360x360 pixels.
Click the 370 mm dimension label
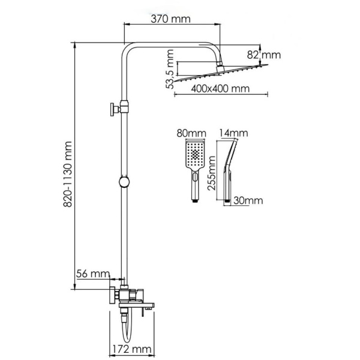tap(170, 19)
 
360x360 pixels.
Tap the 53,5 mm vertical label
tap(172, 71)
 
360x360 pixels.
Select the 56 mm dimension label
tap(92, 274)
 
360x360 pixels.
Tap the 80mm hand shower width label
tap(196, 133)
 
